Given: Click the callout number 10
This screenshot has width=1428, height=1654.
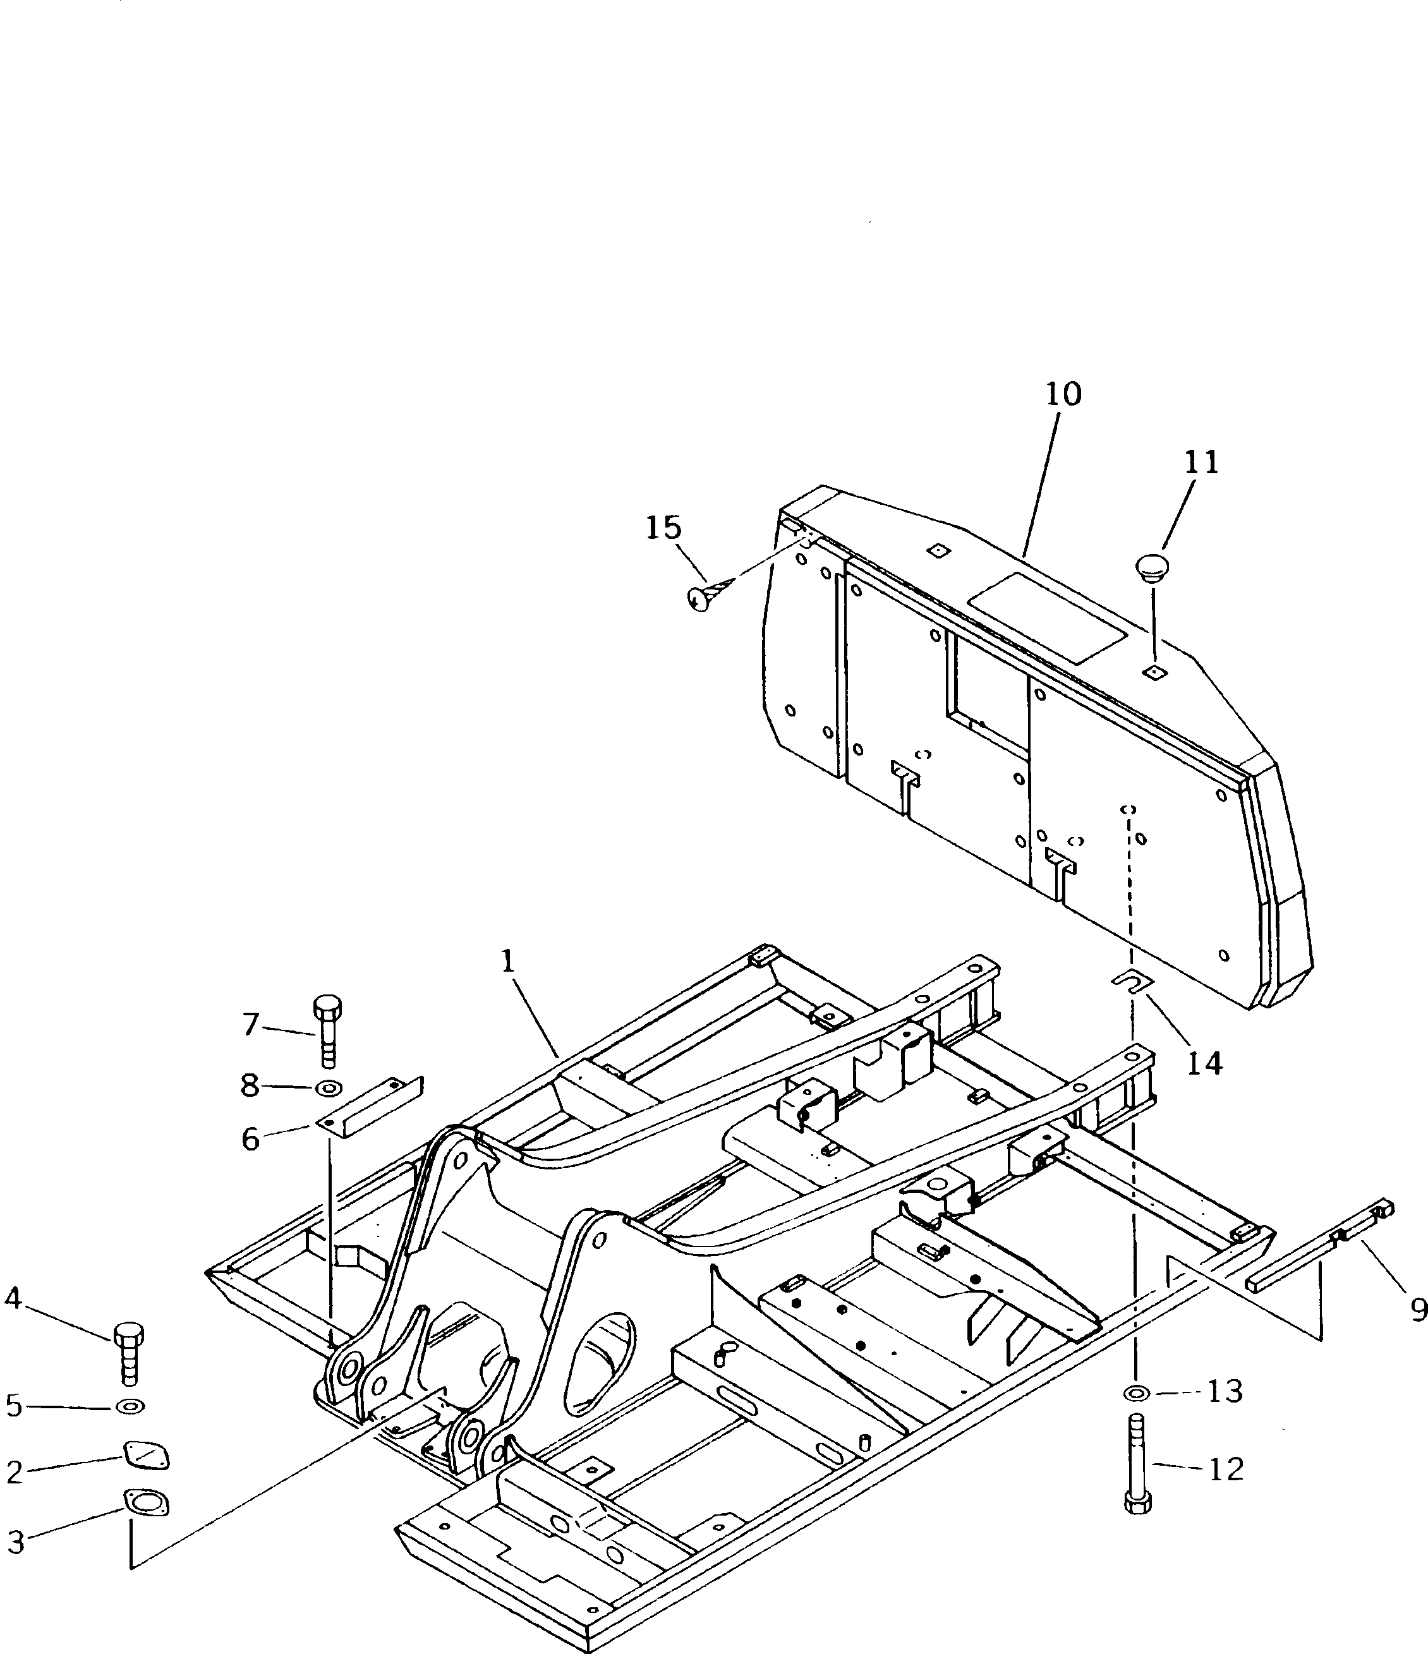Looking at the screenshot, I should click(1063, 394).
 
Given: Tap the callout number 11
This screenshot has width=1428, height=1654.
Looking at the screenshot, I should click(1201, 463).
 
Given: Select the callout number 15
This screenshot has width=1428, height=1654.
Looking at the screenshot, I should click(663, 528).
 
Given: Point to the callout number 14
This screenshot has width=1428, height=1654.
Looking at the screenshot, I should click(1204, 1063).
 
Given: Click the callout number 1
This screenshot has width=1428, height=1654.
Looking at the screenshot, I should click(507, 961).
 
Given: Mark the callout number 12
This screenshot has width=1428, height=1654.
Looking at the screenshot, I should click(1225, 1469).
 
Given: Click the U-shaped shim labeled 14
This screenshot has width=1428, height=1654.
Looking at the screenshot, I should click(1131, 981).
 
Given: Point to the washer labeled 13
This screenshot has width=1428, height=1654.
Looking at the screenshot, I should click(1136, 1394).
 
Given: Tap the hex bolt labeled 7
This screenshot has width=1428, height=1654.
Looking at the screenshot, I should click(327, 1030).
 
